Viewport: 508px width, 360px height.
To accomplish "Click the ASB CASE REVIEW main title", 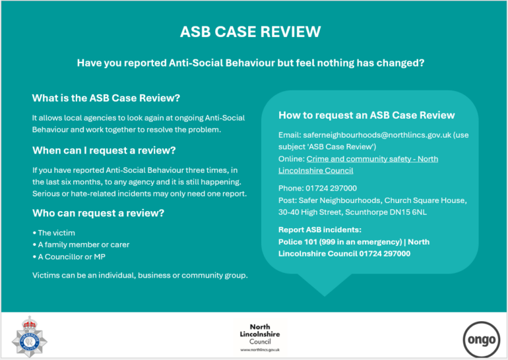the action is (251, 32).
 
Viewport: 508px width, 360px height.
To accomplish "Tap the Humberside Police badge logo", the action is (30, 337).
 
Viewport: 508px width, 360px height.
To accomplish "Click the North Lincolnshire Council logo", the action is (260, 338).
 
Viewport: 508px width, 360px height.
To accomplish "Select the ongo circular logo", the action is (482, 340).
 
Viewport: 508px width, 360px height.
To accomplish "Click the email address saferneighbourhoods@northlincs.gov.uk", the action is (377, 135).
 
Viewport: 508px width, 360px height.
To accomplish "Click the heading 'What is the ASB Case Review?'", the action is (106, 98).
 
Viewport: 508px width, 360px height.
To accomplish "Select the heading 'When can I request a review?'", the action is (104, 150).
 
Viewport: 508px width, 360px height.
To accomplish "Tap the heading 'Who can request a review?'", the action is (98, 213).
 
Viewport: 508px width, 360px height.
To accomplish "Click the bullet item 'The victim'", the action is (54, 233).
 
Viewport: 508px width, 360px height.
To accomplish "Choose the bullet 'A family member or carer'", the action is (81, 245).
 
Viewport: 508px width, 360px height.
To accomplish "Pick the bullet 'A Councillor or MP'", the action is (69, 256).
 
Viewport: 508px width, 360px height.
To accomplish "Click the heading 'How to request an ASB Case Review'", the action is (367, 115).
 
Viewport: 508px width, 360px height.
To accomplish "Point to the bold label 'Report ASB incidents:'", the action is (320, 230).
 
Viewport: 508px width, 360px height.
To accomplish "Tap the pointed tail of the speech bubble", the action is (325, 295).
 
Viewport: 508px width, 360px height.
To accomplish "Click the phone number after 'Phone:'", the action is (331, 189).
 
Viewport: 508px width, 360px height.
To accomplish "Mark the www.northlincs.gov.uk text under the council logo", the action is (260, 350).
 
